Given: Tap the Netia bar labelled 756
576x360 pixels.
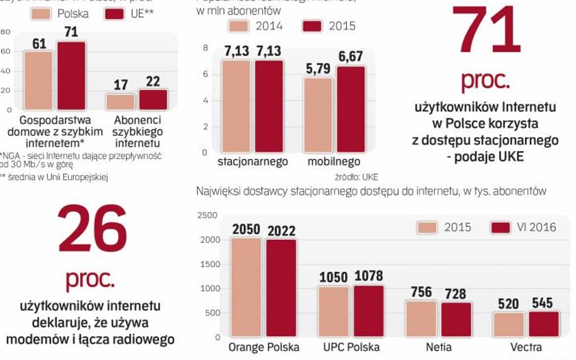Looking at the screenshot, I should point(420,318).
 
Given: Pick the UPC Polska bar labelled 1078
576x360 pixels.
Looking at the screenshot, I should point(368,310).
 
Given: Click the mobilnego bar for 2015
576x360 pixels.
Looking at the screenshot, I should point(351,109).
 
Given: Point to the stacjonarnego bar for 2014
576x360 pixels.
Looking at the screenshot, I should point(236,106).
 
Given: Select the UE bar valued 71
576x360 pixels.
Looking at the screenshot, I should point(71,76).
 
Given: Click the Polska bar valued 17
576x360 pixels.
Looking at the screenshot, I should point(120,101).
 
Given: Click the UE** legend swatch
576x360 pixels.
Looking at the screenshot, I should point(114,13).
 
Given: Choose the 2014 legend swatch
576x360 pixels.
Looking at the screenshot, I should point(239,26).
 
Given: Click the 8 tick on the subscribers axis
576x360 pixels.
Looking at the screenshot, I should point(205,48).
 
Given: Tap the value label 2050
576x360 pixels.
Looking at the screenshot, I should point(246,230).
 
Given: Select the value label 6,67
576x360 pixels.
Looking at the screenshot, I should point(351,57).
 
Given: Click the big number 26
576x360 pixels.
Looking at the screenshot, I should point(92,229).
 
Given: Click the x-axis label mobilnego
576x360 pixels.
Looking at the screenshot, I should point(334,162).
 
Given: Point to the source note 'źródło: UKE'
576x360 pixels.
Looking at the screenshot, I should point(356,177).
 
